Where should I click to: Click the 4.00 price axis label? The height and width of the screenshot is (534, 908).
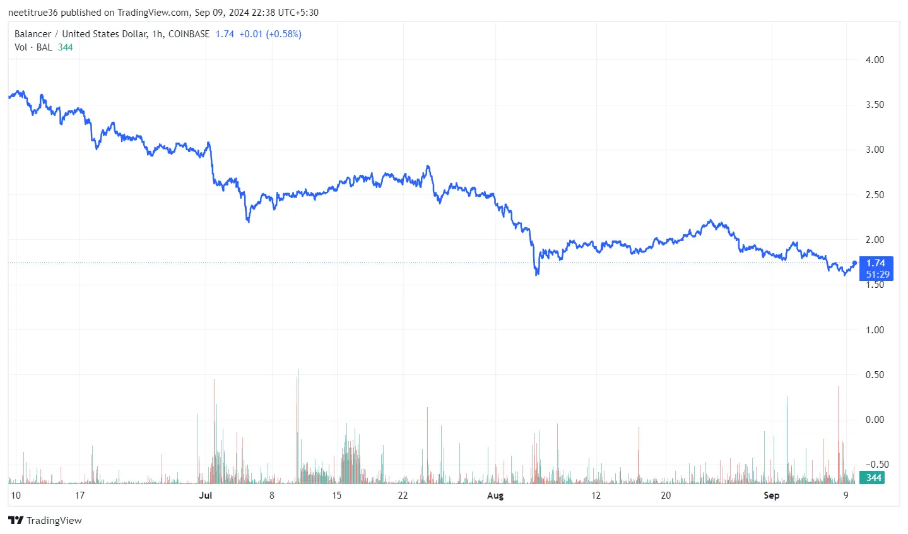coord(875,60)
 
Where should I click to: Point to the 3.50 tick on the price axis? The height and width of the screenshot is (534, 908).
coord(875,105)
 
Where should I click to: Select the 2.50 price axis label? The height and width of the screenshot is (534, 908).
coord(875,195)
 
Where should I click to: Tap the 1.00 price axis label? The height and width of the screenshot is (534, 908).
coord(875,330)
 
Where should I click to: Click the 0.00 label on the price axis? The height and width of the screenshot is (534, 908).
coord(875,420)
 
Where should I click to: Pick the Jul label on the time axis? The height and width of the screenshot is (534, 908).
coord(205,495)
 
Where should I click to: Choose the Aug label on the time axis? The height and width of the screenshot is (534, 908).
coord(495,495)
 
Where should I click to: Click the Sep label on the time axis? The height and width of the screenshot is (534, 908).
coord(771,495)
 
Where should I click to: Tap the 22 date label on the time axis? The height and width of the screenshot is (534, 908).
coord(403,495)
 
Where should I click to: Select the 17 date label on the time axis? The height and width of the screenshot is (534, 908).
coord(80,495)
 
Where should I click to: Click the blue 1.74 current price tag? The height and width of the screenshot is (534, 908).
coord(876,263)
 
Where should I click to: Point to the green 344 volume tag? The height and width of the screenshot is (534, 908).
coord(873,478)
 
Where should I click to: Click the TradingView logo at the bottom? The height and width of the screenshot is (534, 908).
coord(45,521)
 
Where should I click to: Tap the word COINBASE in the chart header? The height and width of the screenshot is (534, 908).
coord(189,34)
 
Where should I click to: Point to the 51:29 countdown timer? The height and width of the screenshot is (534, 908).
coord(877,275)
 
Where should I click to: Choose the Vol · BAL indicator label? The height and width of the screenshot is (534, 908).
coord(33,47)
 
